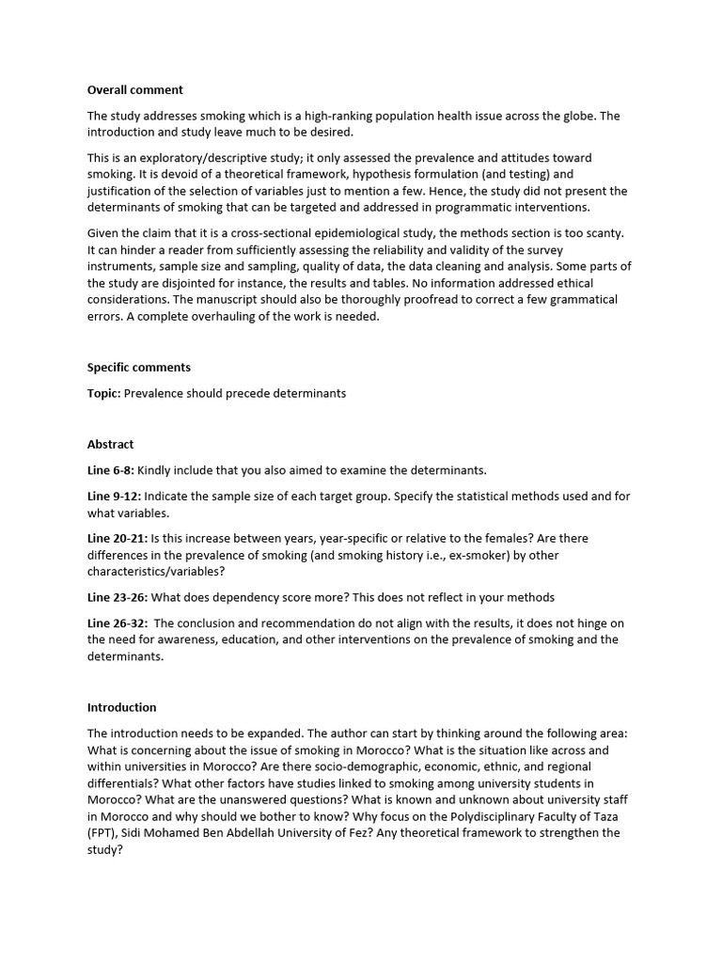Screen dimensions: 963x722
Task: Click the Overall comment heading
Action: (x=135, y=90)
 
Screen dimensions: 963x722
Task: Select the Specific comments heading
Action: (x=139, y=367)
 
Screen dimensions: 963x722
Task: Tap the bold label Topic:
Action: (x=103, y=393)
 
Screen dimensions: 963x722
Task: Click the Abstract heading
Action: (x=111, y=444)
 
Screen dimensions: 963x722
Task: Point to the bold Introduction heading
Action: (x=122, y=707)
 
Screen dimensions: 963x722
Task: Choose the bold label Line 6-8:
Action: (x=111, y=470)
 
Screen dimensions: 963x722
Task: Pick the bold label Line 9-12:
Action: (x=115, y=496)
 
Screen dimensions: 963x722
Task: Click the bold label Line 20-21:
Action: (x=118, y=538)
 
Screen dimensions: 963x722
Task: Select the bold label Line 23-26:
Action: (x=118, y=597)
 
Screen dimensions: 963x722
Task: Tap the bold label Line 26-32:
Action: (x=118, y=624)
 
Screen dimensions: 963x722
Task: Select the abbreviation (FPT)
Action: (x=102, y=833)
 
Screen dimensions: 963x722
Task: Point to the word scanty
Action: (x=599, y=233)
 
